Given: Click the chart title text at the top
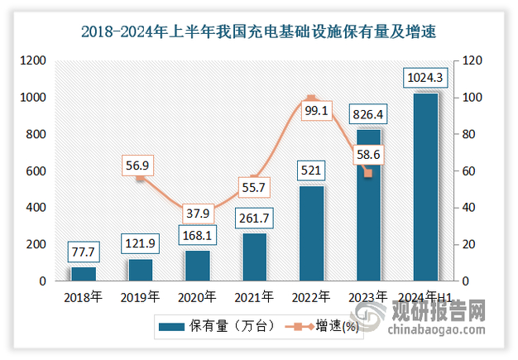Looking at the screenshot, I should [x=258, y=32].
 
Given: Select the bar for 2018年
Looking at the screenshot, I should [x=84, y=274].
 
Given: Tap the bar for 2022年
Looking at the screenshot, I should [x=311, y=233].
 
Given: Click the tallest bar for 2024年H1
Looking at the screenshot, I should [x=425, y=187].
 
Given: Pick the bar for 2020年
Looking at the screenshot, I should [x=197, y=266].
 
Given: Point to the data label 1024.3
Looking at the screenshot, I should [x=425, y=79].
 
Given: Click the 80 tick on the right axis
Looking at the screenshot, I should [x=468, y=134].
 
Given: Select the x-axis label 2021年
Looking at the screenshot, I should [x=254, y=296].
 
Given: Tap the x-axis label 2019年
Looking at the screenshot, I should [x=140, y=296].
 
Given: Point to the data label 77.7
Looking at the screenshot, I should [x=84, y=251].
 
